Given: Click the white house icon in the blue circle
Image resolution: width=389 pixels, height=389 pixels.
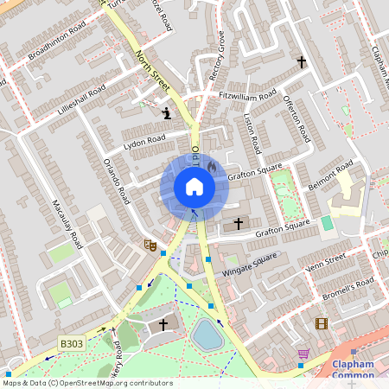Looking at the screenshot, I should pos(194,187).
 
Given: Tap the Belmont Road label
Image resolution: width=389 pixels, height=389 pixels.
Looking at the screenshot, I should pos(331,175).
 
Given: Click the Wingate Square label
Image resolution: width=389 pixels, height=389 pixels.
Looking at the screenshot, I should pos(252,263).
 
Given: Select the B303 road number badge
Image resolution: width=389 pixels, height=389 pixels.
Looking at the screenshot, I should pos(72,344).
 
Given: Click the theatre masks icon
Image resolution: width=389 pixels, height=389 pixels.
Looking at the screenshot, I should pos(150,246).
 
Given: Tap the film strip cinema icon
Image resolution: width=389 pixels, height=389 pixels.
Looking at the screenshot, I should pos(322,324).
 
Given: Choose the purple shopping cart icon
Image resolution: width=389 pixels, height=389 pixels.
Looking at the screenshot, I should pos(303,354).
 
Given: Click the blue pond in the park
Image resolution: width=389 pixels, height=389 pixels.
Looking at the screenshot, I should pos(207,334).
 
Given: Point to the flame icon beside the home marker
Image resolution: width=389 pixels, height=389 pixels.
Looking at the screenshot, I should pos(211,166).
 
